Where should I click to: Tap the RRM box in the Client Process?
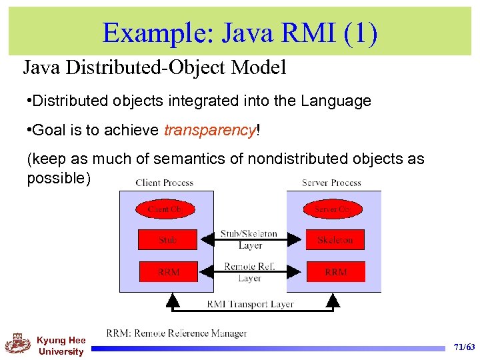(x=168, y=271)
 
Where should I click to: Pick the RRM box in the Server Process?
(x=335, y=271)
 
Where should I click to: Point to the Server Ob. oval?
(x=331, y=209)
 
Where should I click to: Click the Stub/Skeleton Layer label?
(x=249, y=239)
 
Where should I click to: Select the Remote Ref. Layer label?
(x=249, y=272)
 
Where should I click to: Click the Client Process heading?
(x=164, y=182)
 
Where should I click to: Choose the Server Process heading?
(x=332, y=182)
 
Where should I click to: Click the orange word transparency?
(x=209, y=130)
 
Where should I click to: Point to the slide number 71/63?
(x=464, y=347)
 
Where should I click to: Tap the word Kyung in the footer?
(x=51, y=341)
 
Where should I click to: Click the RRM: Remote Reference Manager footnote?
(x=176, y=333)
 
